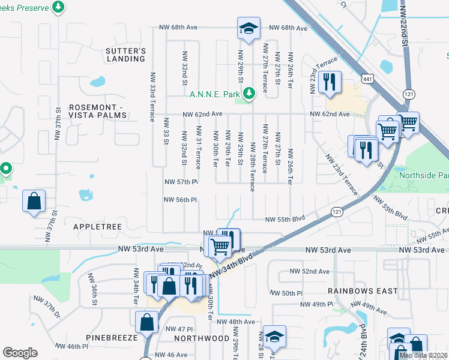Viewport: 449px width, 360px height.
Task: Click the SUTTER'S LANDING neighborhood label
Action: click(x=125, y=55)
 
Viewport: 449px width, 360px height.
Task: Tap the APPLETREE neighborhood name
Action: click(x=97, y=227)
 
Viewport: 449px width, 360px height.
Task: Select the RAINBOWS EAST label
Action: click(x=363, y=291)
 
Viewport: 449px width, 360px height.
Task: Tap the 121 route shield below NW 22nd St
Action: click(x=409, y=94)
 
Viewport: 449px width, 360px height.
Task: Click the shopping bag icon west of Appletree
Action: click(x=34, y=200)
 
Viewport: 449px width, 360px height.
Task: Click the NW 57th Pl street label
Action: click(x=181, y=182)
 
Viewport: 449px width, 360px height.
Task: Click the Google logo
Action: click(x=20, y=353)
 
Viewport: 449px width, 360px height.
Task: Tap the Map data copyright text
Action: click(x=423, y=355)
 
